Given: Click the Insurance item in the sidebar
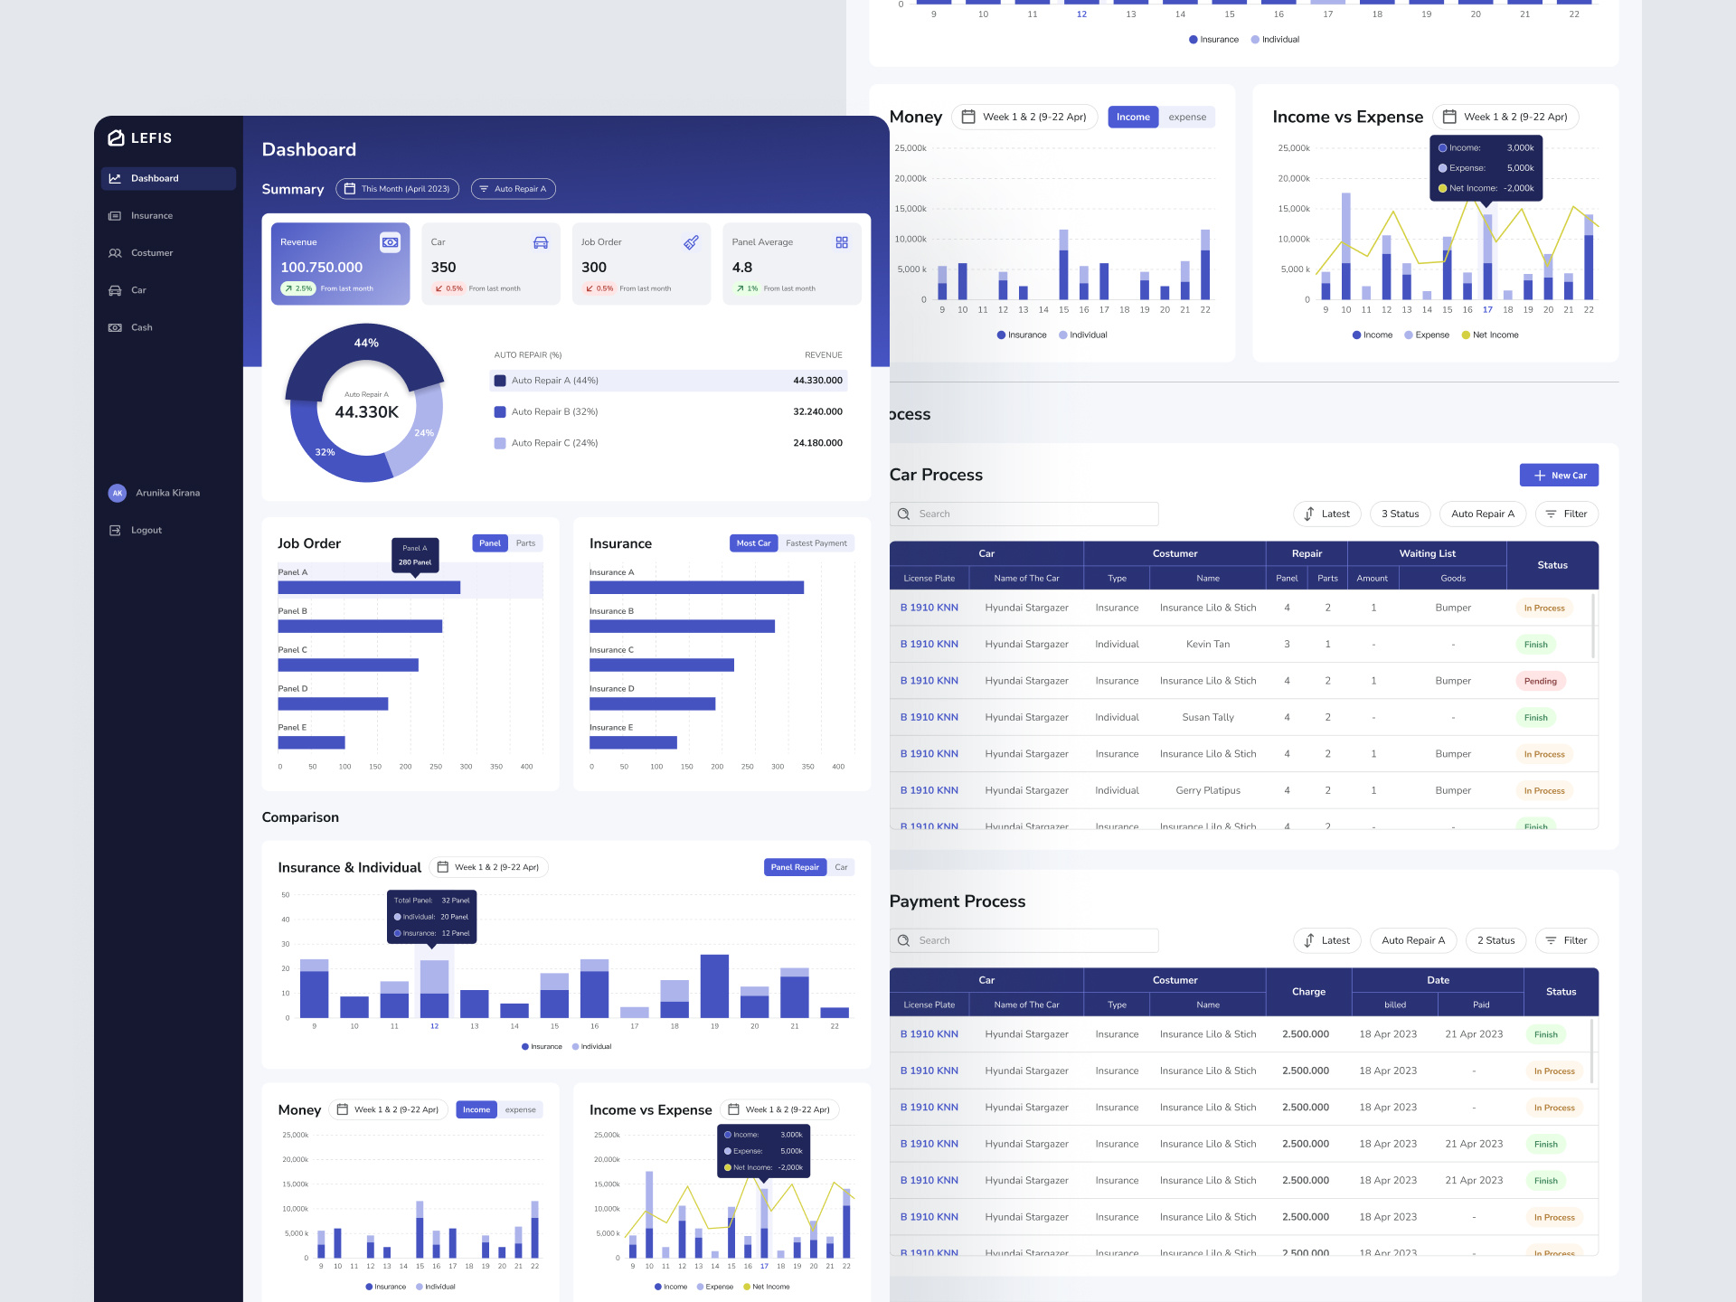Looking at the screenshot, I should [151, 216].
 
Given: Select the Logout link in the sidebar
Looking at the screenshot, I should [146, 531].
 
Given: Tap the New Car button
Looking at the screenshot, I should [1559, 476].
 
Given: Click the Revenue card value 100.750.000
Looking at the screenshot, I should [321, 268].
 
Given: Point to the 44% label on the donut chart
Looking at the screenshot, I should [366, 344].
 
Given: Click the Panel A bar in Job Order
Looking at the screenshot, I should [369, 588].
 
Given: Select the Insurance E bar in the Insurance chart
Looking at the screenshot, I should [633, 743].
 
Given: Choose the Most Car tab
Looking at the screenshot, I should [753, 543].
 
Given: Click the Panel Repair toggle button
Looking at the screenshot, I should [794, 867].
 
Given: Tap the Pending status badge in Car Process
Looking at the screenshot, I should [1540, 682].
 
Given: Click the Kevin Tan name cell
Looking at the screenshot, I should [1207, 645].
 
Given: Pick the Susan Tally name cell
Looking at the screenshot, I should [1207, 718].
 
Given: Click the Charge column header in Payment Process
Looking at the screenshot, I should [1307, 992].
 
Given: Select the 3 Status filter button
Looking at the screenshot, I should [1400, 514].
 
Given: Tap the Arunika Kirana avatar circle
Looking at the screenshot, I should [117, 494].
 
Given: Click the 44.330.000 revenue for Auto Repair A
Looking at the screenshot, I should [817, 381].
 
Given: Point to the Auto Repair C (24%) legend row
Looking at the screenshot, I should [553, 443].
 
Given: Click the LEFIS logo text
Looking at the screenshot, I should [151, 138].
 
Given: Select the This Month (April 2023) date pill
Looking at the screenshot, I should [398, 189].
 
